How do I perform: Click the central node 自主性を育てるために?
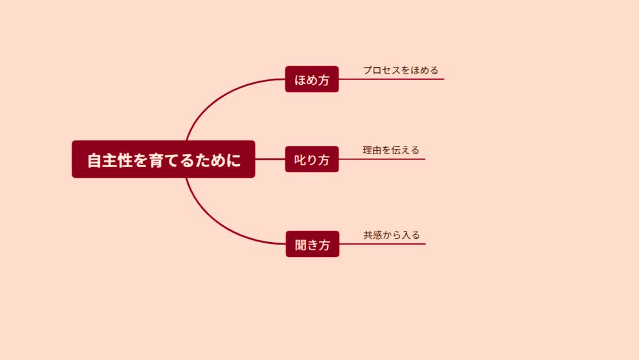click(x=163, y=159)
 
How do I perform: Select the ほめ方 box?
click(x=312, y=79)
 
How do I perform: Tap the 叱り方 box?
click(x=312, y=159)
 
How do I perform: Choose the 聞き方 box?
click(x=312, y=244)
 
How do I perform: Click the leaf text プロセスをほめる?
click(x=401, y=70)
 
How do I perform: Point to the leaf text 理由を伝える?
click(x=391, y=150)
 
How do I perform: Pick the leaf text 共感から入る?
click(x=391, y=235)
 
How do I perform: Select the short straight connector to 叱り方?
click(x=270, y=159)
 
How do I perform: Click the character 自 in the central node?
click(x=94, y=160)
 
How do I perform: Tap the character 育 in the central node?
click(x=156, y=160)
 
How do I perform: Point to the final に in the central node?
click(x=233, y=160)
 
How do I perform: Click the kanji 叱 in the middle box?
click(x=300, y=160)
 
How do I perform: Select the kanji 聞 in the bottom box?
click(x=300, y=245)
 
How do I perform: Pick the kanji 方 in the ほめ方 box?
click(x=324, y=80)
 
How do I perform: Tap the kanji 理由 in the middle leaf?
click(x=372, y=150)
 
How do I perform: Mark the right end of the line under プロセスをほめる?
click(x=444, y=79)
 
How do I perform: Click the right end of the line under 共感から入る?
click(x=426, y=244)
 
